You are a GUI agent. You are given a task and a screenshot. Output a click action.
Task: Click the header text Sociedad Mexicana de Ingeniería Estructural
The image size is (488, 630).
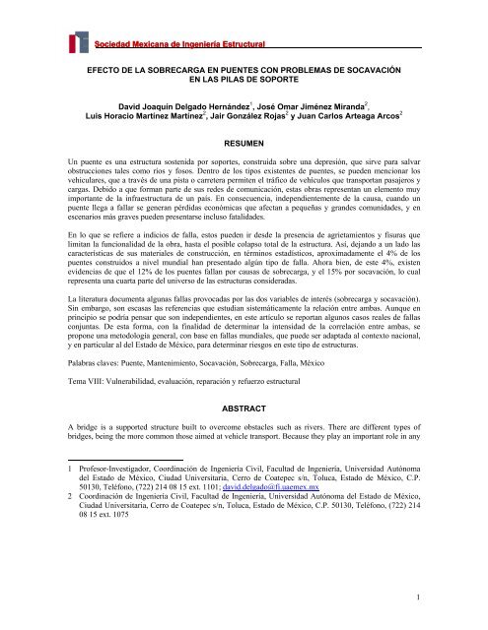coord(184,41)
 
